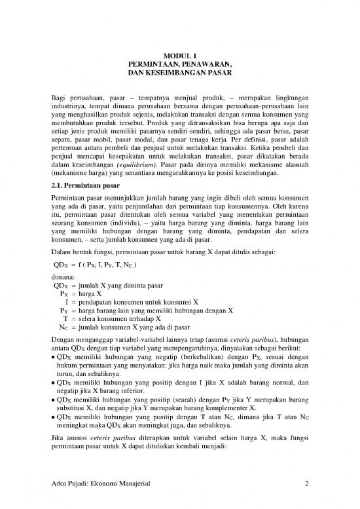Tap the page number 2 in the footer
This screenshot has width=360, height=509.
pyautogui.click(x=306, y=484)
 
